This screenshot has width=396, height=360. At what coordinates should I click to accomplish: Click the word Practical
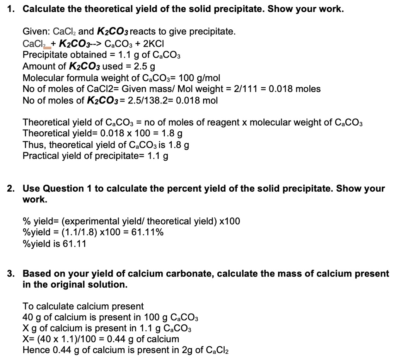pos(41,156)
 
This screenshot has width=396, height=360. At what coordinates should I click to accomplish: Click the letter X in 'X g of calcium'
pos(26,329)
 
